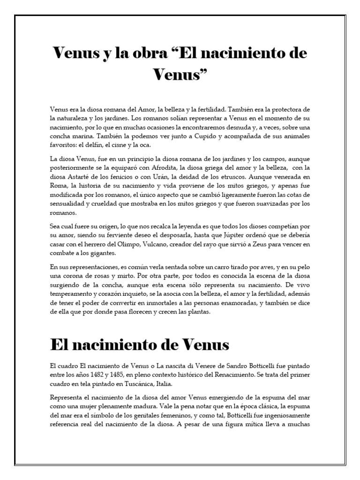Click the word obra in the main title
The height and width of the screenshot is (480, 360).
143,53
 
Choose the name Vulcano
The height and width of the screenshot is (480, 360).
157,244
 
